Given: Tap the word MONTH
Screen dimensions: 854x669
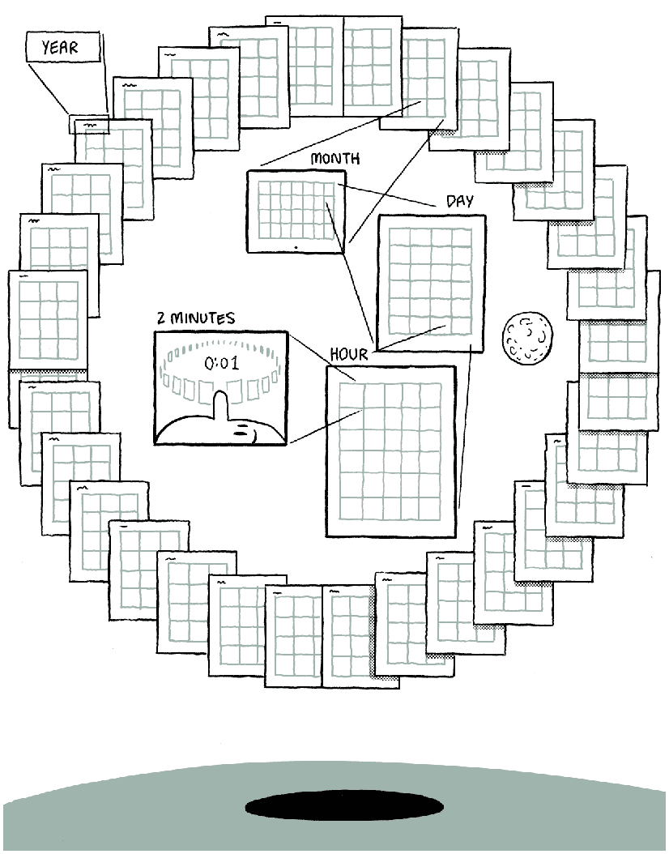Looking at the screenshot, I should (x=334, y=159).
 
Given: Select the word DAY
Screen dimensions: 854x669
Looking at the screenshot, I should (x=460, y=201).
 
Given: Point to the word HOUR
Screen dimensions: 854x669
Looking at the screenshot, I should (x=349, y=355).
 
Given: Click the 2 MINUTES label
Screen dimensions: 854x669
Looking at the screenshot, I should (x=196, y=318).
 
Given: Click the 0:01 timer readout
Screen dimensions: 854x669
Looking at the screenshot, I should (x=221, y=363).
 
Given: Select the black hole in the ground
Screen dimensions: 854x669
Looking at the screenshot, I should (x=344, y=806).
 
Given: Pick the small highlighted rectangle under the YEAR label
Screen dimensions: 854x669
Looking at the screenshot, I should (x=88, y=126).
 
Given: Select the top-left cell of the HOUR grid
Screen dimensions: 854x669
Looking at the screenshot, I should (x=350, y=393).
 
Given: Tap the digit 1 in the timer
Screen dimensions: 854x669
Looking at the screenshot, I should (x=235, y=363).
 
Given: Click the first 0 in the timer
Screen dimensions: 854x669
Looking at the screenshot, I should (x=208, y=363).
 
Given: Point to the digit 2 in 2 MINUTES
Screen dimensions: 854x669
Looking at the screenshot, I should (x=162, y=318).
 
